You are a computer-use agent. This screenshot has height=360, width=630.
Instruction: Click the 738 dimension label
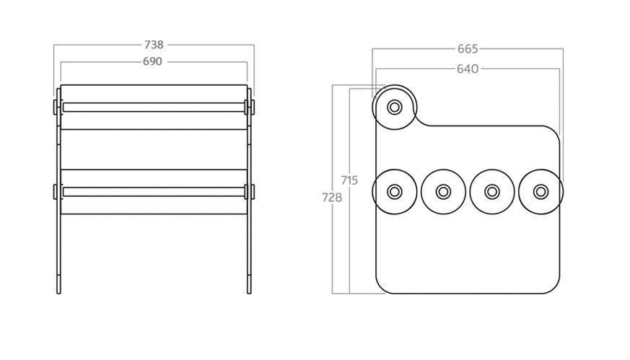click(x=154, y=45)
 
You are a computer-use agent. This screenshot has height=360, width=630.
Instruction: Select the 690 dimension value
click(x=153, y=61)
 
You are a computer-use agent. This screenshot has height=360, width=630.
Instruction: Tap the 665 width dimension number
click(x=468, y=49)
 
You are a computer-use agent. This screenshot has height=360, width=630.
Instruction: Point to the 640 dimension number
click(x=468, y=69)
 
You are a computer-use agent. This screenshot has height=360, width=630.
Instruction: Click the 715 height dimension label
click(x=349, y=180)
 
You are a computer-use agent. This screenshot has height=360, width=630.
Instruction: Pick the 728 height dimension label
click(x=332, y=198)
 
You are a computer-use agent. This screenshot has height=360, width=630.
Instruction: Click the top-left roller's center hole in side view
click(x=394, y=107)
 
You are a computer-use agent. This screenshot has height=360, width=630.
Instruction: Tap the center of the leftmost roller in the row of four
click(x=394, y=192)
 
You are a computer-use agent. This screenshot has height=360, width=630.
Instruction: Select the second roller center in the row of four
click(x=443, y=192)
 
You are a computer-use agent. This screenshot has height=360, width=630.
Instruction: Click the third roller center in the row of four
click(x=491, y=192)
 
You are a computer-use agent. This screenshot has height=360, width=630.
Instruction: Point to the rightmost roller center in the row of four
click(x=541, y=192)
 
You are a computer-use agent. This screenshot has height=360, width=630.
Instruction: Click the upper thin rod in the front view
click(x=154, y=107)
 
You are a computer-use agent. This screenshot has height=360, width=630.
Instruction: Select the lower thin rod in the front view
click(x=154, y=192)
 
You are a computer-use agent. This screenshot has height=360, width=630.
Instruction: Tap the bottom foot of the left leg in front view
click(x=58, y=284)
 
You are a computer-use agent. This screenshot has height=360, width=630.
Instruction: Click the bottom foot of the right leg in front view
click(x=249, y=284)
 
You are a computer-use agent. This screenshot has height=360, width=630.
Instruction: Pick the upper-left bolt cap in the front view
click(x=55, y=107)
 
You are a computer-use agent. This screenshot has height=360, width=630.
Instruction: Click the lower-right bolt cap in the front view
click(x=253, y=192)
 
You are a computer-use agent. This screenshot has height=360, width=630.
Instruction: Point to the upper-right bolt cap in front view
click(x=253, y=107)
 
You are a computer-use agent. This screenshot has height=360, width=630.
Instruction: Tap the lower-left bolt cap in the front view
click(x=55, y=192)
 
